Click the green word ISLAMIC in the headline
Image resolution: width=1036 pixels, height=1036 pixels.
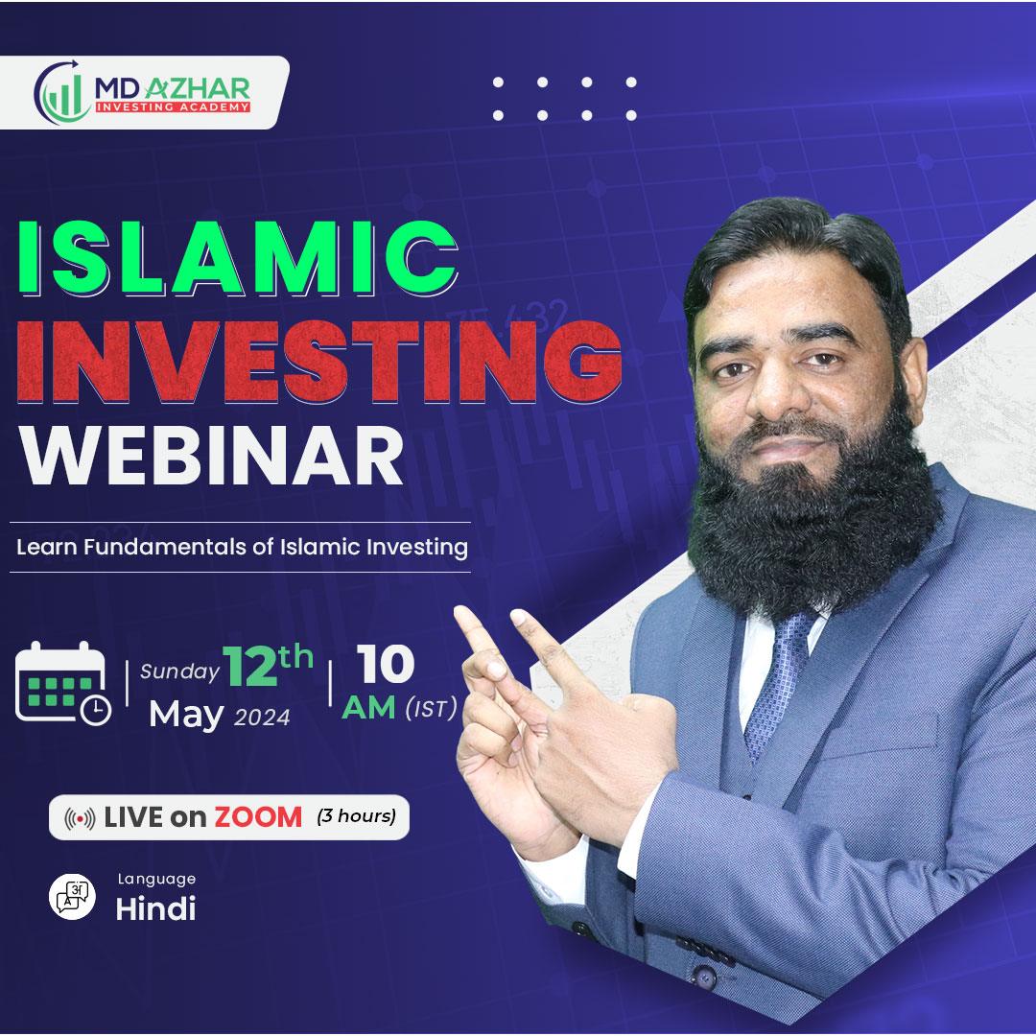pos(238,257)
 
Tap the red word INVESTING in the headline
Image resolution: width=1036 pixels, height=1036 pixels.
pos(319,362)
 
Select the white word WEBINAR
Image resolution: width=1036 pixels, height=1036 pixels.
pos(211,456)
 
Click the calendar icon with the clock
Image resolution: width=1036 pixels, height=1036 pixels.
pos(62,684)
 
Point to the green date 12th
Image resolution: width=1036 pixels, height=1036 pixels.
pos(268,665)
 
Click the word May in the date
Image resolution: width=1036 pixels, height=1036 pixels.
pos(186,716)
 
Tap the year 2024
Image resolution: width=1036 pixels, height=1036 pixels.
pos(262,718)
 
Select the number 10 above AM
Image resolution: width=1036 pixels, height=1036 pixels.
pos(386,664)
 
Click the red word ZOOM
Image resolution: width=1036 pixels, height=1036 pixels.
pos(258,817)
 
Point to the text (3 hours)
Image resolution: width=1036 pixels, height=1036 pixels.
pos(357,816)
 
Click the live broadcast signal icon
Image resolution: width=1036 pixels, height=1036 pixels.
pos(80,818)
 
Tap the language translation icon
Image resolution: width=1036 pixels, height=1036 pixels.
pos(72,897)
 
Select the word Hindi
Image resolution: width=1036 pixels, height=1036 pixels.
pos(156,908)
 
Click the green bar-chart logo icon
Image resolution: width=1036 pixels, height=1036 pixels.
pos(61,92)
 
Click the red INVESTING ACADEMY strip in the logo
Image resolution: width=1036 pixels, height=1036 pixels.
pos(173,106)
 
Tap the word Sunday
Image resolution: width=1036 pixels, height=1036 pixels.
pos(179,671)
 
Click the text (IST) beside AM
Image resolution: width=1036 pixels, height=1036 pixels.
pos(431,709)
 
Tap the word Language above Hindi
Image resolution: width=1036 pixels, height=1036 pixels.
pos(156,880)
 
